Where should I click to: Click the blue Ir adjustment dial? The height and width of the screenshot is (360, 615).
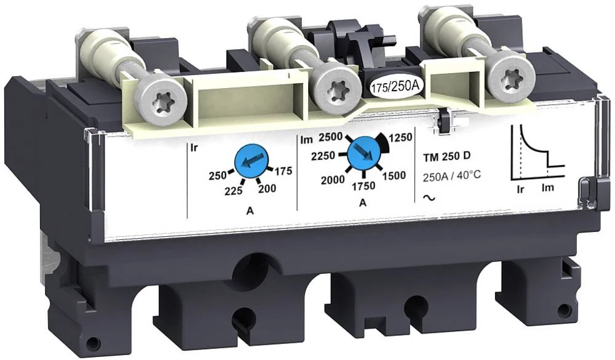250,161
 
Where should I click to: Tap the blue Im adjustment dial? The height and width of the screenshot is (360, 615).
364,153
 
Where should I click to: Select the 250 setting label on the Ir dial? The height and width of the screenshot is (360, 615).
218,175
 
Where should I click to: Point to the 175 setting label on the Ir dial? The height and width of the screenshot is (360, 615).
283,171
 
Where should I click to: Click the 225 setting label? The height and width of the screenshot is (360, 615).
234,191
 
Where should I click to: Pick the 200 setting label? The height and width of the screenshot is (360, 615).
267,189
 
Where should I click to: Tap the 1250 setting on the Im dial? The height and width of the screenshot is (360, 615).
400,137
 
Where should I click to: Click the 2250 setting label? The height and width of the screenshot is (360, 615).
323,156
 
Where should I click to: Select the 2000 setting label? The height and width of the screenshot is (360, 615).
333,180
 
